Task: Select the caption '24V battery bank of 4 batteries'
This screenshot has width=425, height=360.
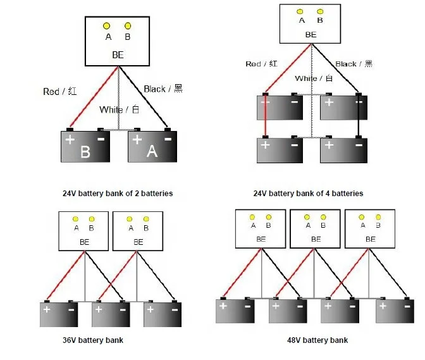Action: (x=308, y=193)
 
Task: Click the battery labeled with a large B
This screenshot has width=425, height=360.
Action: (x=86, y=147)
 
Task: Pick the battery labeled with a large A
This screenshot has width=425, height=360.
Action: (x=152, y=147)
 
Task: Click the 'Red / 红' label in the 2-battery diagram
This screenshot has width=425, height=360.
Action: (x=60, y=92)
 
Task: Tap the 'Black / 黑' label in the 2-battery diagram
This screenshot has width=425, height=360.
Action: (x=163, y=89)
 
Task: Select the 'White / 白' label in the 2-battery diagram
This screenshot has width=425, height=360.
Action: (x=119, y=109)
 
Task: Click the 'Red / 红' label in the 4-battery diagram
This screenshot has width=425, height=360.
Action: (x=261, y=64)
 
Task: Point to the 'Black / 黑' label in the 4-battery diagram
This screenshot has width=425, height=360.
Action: (x=354, y=64)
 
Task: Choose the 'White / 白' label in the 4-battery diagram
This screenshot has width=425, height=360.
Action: (x=314, y=78)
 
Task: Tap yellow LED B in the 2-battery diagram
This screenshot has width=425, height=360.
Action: (x=128, y=26)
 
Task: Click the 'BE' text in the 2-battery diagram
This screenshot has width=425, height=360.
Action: (x=118, y=55)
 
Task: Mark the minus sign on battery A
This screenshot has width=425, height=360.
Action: (x=168, y=137)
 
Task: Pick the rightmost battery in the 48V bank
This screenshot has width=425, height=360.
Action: (x=395, y=311)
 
